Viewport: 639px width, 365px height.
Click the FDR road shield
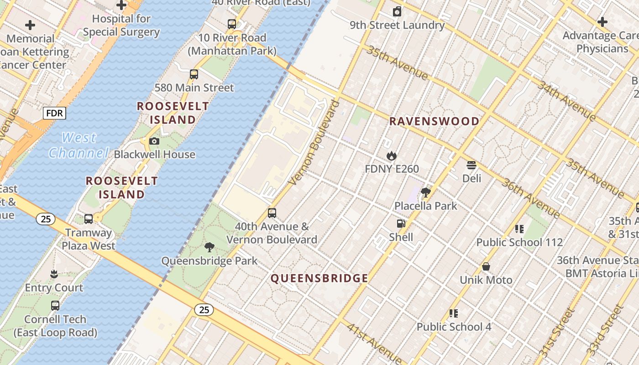pos(54,113)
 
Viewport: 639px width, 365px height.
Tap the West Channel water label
pos(79,145)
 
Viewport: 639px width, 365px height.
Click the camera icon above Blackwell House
pos(154,141)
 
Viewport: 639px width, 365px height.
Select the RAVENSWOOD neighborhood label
pos(434,121)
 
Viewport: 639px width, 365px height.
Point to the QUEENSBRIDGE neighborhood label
pos(319,278)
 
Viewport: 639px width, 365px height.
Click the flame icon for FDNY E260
pos(391,156)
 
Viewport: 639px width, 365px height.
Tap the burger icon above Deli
pos(471,165)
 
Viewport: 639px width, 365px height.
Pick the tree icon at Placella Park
pos(426,193)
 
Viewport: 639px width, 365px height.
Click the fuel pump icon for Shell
pos(401,224)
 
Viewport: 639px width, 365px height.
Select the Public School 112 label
pos(519,242)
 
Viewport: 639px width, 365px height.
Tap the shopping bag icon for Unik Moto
pos(486,266)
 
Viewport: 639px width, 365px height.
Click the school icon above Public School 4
pos(453,313)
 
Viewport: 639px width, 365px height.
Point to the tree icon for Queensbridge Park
pos(210,248)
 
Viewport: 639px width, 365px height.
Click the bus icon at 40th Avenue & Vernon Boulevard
pos(272,213)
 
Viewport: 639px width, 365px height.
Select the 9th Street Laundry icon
pos(397,11)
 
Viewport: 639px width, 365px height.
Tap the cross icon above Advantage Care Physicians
pos(602,21)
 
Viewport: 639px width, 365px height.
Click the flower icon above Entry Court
pos(54,274)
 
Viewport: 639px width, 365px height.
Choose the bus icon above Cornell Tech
pos(55,306)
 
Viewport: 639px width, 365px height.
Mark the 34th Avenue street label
pos(566,101)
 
